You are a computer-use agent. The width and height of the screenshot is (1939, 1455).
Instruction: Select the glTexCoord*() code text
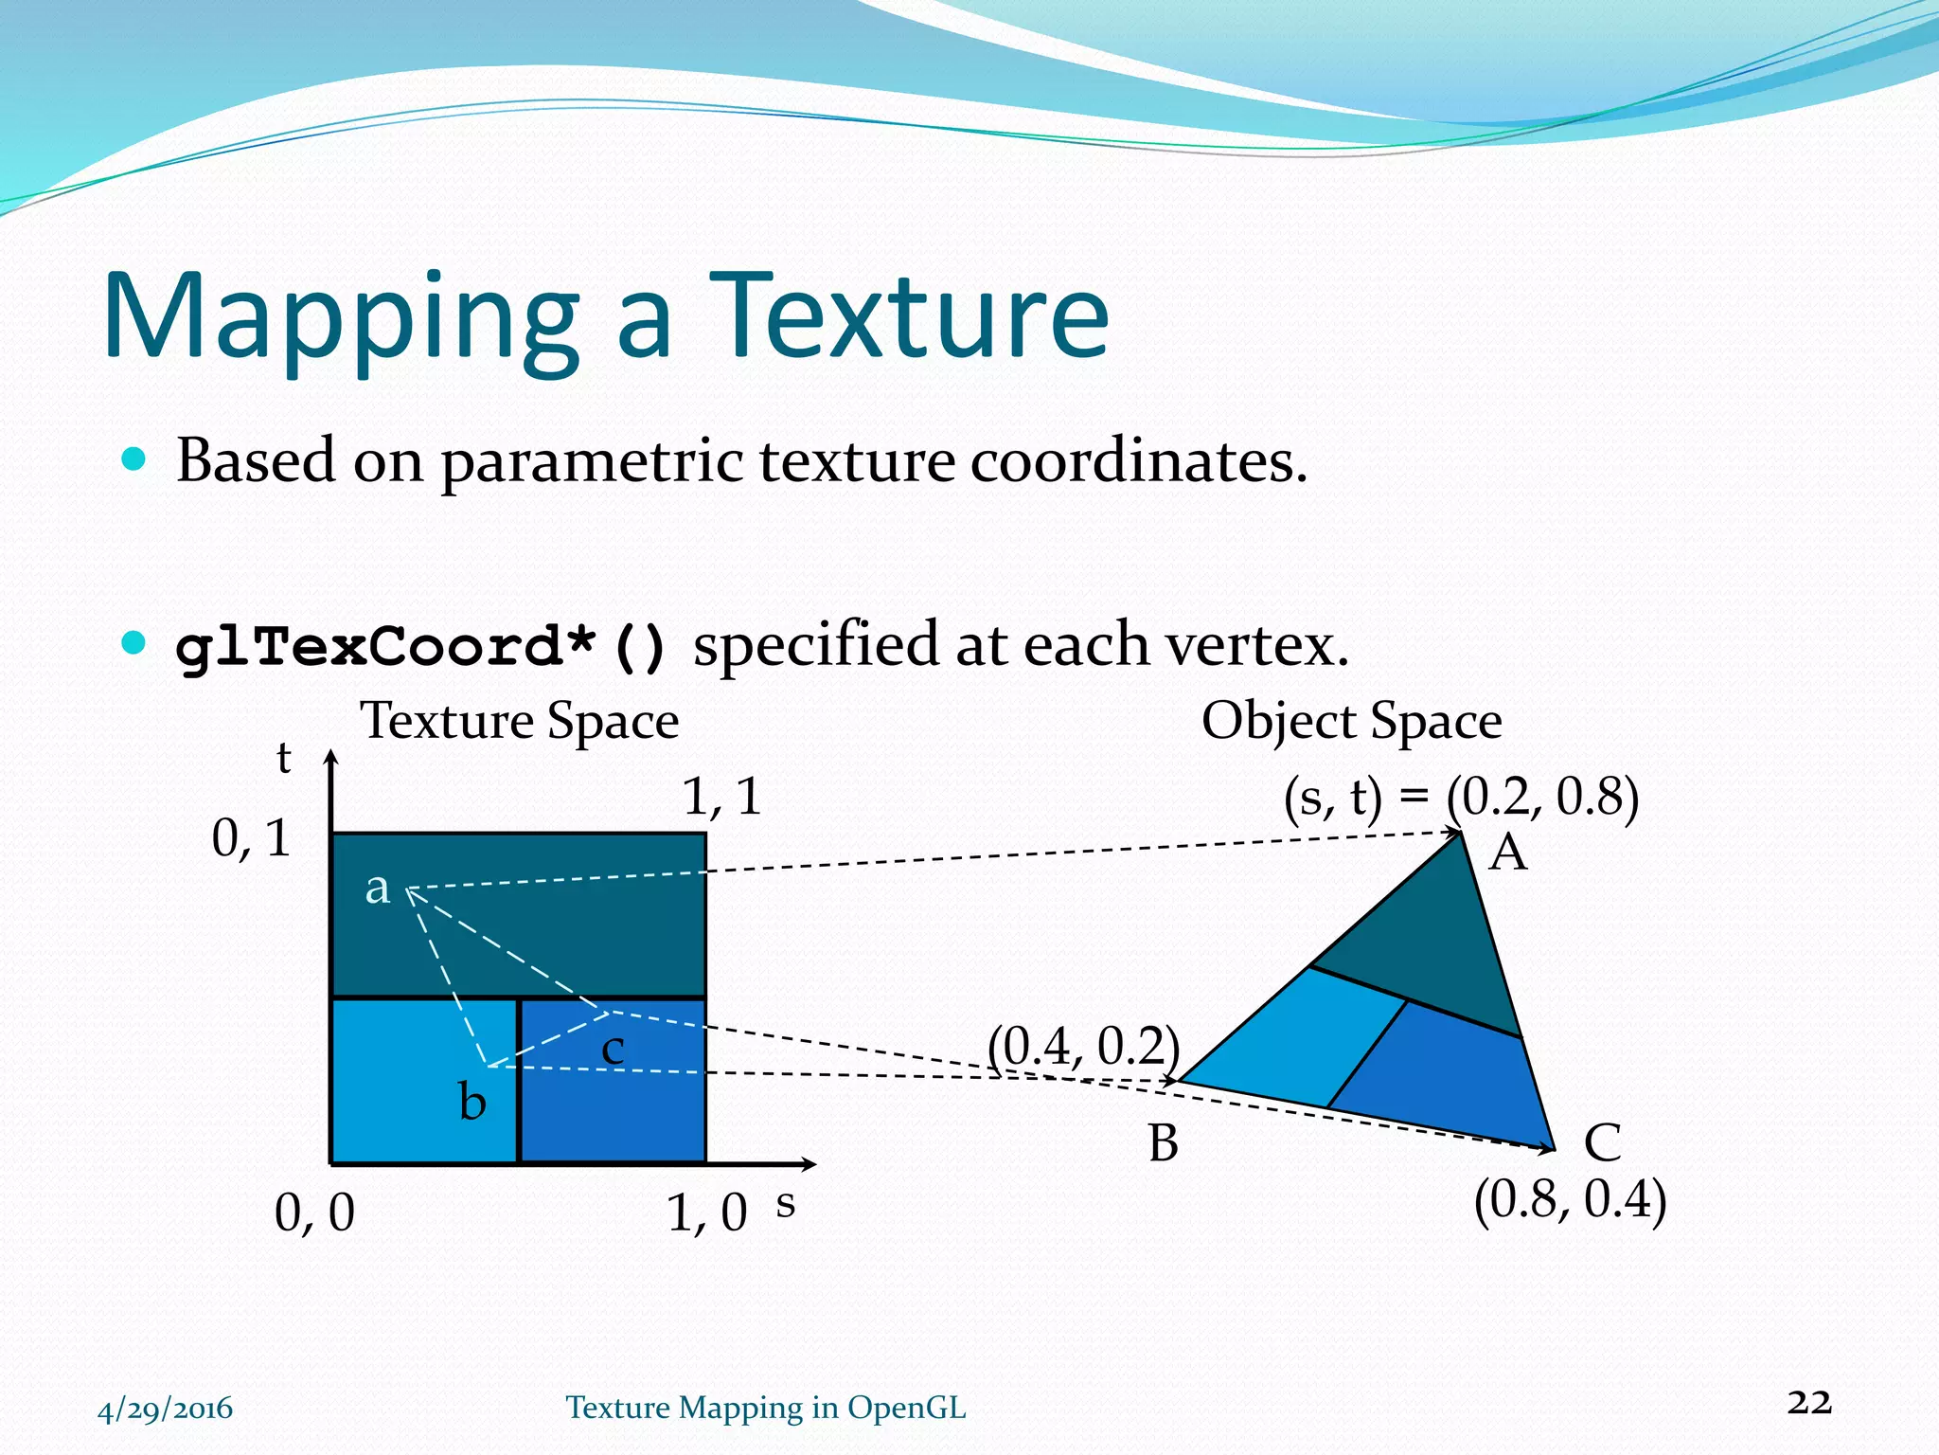coord(422,648)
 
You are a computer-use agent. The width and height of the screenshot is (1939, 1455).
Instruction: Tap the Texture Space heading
coord(519,721)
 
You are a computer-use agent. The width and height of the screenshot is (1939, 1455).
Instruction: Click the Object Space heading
coord(1351,721)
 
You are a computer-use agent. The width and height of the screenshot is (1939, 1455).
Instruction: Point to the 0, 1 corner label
coord(250,838)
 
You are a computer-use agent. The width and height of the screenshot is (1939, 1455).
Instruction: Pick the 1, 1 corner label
coord(721,797)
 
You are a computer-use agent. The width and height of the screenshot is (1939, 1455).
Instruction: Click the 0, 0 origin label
coord(314,1212)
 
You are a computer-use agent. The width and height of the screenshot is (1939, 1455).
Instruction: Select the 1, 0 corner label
coord(706,1212)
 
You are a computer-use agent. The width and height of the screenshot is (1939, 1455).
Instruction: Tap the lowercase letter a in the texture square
coord(378,889)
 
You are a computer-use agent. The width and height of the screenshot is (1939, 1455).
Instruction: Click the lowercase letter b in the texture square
coord(472,1103)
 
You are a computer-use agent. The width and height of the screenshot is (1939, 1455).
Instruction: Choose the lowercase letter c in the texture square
coord(614,1050)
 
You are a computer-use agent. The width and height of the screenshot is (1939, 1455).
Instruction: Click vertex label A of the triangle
coord(1507,853)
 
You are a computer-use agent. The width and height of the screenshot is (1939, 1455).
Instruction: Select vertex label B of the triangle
coord(1164,1143)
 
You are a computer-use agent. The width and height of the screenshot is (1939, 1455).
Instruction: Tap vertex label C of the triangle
coord(1602,1143)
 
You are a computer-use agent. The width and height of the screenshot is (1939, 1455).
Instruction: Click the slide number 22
coord(1809,1402)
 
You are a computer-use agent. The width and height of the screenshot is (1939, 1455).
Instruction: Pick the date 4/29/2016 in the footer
coord(165,1409)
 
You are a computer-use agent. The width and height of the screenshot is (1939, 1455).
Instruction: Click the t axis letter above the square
coord(283,760)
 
